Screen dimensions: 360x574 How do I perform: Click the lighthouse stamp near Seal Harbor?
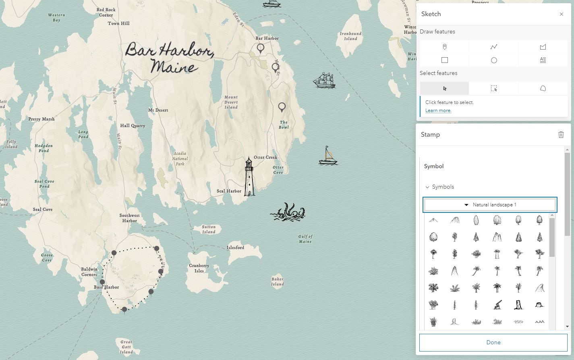point(249,177)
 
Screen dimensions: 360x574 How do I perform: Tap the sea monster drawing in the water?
point(288,212)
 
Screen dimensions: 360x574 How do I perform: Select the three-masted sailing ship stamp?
point(324,80)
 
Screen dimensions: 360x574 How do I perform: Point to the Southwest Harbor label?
point(130,218)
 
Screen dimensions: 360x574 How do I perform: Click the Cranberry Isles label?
point(199,268)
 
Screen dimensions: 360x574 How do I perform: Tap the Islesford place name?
point(235,248)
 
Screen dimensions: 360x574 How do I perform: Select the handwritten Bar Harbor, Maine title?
point(169,58)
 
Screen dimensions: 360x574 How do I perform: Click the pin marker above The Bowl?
point(282,107)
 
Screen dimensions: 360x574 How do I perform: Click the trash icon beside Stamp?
point(561,135)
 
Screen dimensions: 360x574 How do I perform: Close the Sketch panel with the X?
point(561,14)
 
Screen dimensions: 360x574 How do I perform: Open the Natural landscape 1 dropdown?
point(490,205)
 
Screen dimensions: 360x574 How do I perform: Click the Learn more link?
point(438,110)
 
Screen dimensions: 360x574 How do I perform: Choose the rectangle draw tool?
point(444,60)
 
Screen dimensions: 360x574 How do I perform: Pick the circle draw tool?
point(494,60)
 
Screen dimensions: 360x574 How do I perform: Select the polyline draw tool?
point(494,47)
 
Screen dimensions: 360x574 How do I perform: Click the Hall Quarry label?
point(133,126)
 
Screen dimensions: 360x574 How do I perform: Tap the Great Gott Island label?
point(126,347)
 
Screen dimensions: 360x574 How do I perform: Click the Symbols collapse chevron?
point(427,187)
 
